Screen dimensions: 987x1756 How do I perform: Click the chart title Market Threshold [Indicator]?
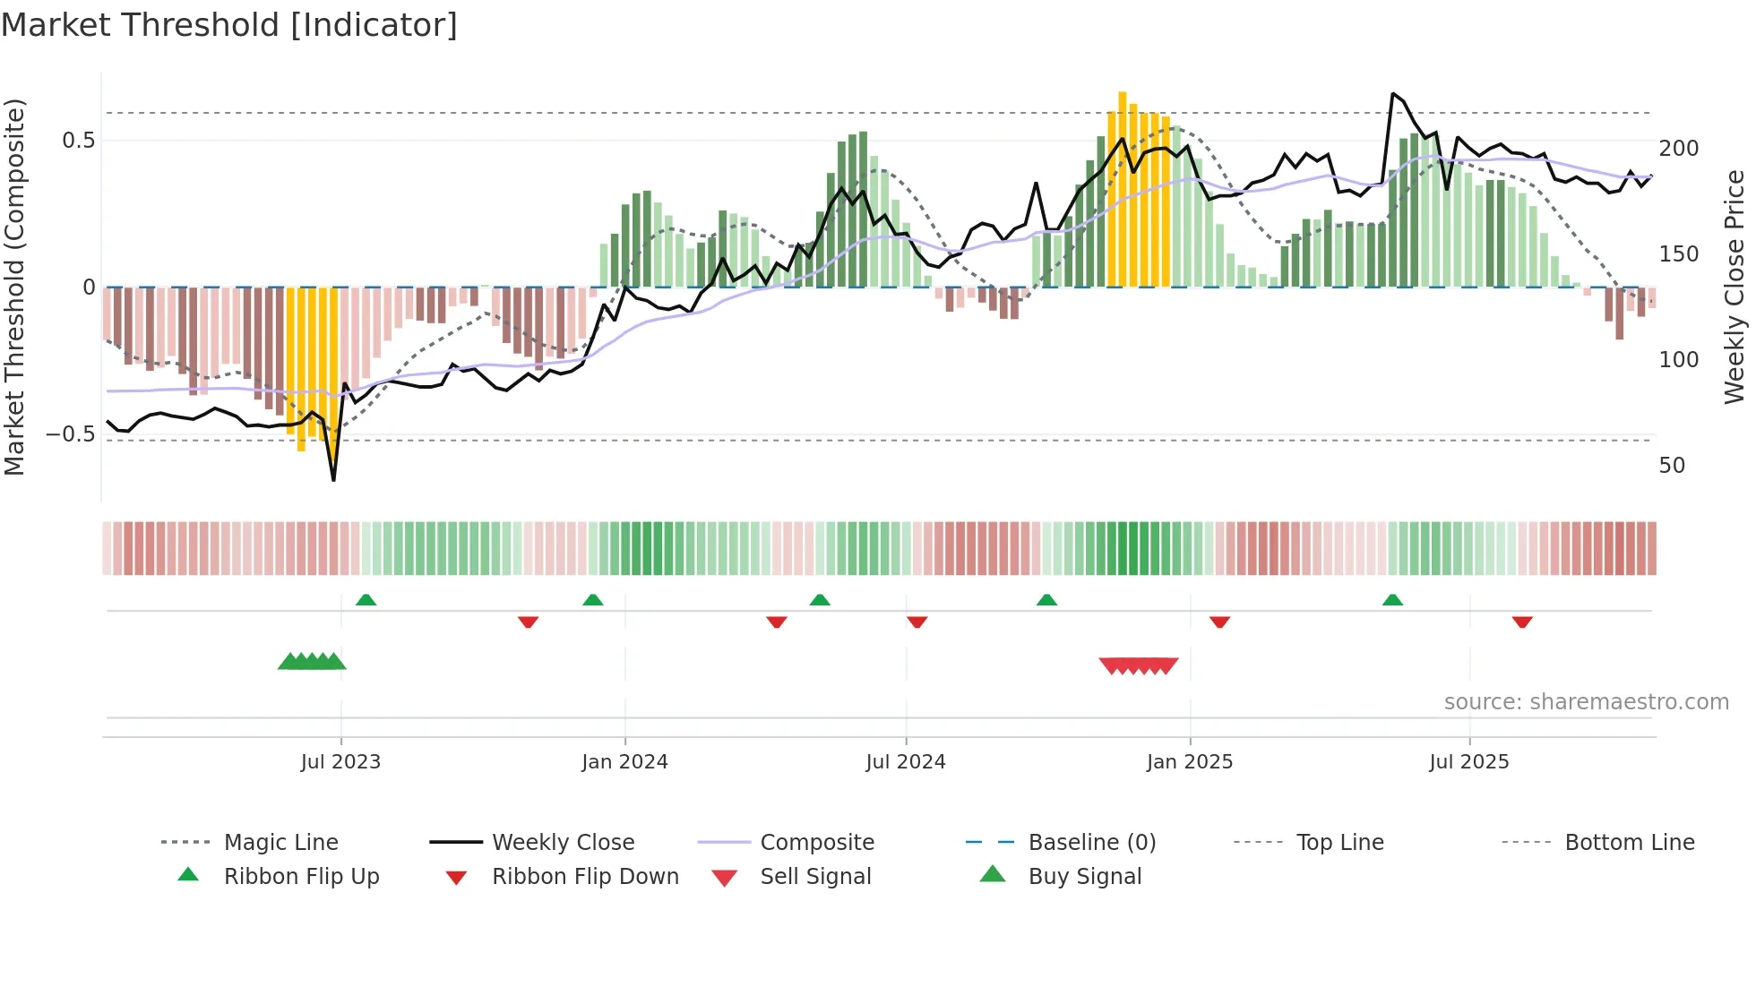229,25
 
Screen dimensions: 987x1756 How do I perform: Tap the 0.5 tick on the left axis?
78,141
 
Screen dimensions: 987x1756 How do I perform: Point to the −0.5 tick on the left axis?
71,434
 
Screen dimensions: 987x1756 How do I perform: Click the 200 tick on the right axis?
1678,149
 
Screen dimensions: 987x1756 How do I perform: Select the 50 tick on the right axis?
1672,466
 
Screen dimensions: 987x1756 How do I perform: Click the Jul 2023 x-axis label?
340,762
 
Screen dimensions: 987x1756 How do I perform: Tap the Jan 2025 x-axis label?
1189,762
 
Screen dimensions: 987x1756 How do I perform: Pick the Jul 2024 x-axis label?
905,762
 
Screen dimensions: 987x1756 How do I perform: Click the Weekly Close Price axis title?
1734,287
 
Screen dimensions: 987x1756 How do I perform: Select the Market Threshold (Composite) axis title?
14,287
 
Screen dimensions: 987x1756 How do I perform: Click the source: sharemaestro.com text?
1586,702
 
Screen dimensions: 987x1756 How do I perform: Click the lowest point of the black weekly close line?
333,480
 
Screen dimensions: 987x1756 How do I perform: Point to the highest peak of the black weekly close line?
1393,93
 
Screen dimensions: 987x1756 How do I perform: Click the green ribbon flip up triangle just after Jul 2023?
366,600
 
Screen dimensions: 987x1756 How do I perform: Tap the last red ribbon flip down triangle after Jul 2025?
1522,622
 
